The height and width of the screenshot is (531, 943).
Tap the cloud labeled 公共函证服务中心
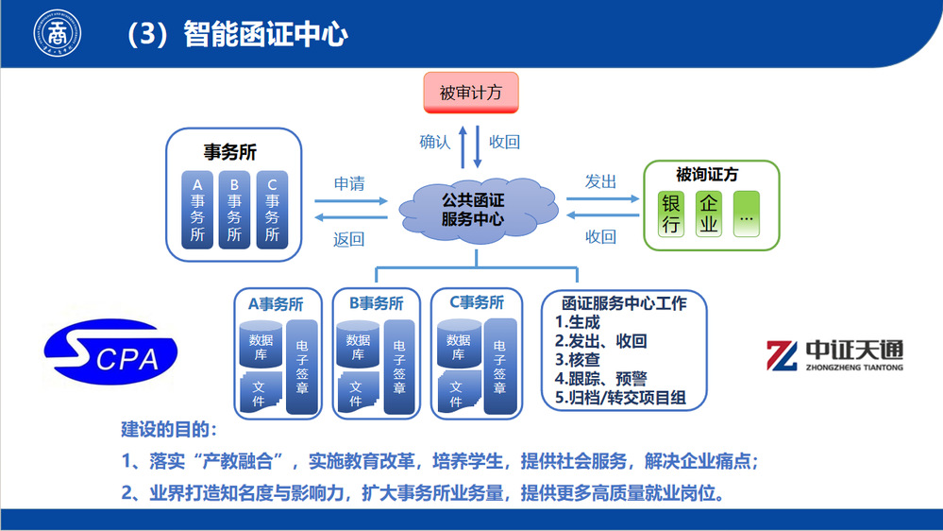click(472, 209)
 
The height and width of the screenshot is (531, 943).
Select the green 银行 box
click(671, 214)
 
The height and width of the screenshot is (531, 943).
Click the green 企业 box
click(709, 214)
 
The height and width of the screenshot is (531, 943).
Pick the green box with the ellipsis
click(746, 214)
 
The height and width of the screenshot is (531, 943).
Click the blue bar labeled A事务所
click(197, 210)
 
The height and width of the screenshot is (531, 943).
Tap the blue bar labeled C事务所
click(273, 210)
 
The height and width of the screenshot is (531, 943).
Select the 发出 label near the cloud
click(600, 181)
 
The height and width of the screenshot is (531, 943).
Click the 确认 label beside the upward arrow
click(435, 142)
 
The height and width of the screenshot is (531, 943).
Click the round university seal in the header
click(59, 34)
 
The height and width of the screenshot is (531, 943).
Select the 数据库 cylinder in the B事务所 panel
click(359, 347)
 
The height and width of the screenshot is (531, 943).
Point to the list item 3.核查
click(578, 360)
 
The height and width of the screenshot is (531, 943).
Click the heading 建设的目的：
click(169, 429)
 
